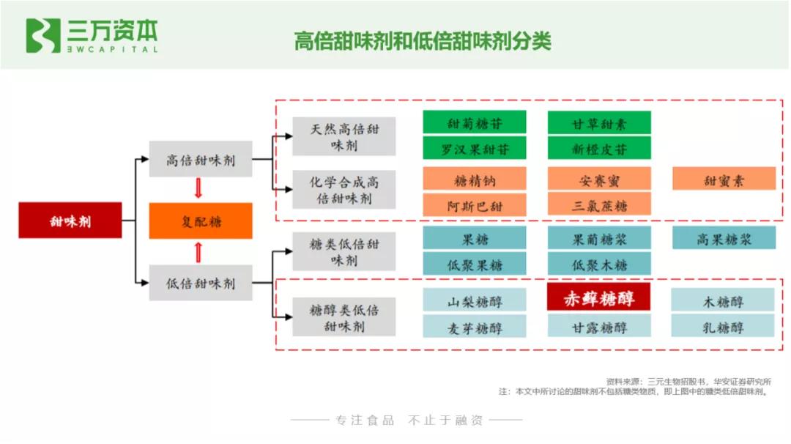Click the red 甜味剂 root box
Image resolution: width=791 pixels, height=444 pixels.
tap(70, 220)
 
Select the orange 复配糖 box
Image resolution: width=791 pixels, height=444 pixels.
tap(201, 221)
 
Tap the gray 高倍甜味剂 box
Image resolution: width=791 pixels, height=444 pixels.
tap(201, 160)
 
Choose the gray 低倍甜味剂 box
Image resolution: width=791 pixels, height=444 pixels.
tap(201, 283)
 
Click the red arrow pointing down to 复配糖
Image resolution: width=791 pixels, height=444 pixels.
tap(198, 189)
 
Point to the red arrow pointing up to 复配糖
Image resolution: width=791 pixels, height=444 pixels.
tap(198, 252)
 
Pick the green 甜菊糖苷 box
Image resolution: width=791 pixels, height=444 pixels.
tap(475, 122)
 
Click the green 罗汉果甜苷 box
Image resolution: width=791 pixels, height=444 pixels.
tap(475, 149)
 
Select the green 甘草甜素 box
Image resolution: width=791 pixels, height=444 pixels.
tap(599, 122)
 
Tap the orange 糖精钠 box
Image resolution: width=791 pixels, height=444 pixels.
tap(475, 179)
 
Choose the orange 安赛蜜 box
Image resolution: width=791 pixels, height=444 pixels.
tap(599, 179)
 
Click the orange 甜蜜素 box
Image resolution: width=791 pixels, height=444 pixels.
tap(724, 179)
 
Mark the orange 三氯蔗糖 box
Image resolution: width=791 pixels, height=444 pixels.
tap(599, 205)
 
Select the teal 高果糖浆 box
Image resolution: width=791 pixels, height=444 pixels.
tap(724, 238)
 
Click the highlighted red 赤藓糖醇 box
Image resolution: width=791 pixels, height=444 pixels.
tap(599, 298)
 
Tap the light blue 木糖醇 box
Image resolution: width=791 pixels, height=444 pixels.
tap(723, 300)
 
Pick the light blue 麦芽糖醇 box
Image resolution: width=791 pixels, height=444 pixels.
tap(475, 327)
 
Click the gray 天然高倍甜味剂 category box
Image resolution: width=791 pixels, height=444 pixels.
tap(344, 136)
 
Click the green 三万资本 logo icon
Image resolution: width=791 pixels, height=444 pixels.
tap(43, 36)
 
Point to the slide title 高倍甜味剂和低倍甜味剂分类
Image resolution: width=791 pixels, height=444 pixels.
tap(423, 40)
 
